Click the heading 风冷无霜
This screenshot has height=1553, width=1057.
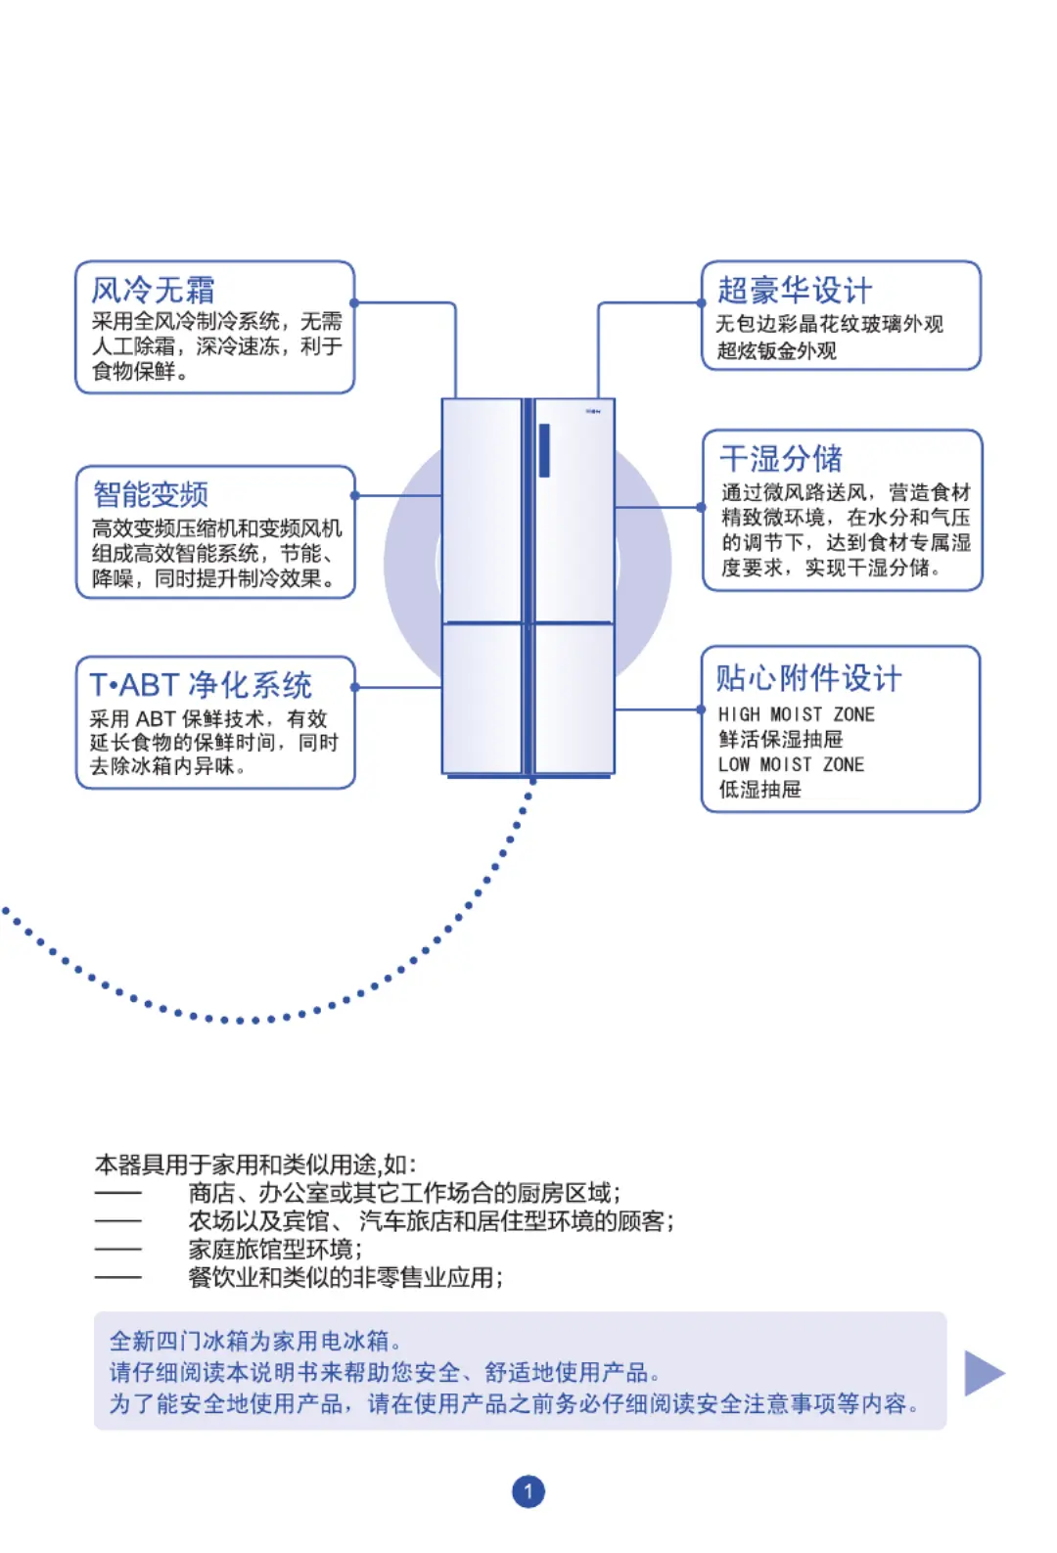(154, 290)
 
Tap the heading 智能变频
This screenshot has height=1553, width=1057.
(151, 494)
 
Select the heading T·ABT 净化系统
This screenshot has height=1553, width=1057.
(202, 685)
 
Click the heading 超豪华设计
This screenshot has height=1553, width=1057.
(794, 290)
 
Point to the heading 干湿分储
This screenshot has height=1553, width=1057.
(781, 458)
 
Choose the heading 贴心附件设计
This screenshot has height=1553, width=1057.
(808, 677)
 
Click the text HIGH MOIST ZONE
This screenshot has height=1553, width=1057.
(797, 714)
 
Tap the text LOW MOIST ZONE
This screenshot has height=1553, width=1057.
(792, 764)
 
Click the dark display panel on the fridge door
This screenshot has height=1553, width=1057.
(544, 450)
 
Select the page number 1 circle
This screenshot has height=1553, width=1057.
(528, 1490)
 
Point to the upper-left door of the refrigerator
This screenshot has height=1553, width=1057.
(483, 510)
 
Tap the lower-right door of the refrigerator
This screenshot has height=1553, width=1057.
(574, 699)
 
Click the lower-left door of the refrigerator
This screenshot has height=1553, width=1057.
(483, 699)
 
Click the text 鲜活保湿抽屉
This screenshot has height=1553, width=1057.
(781, 739)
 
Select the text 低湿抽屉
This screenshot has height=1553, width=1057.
(760, 789)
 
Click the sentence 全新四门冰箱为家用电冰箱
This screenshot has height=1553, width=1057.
(255, 1341)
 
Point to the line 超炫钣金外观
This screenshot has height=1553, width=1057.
(777, 350)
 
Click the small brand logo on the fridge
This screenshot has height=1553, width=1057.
(593, 411)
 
